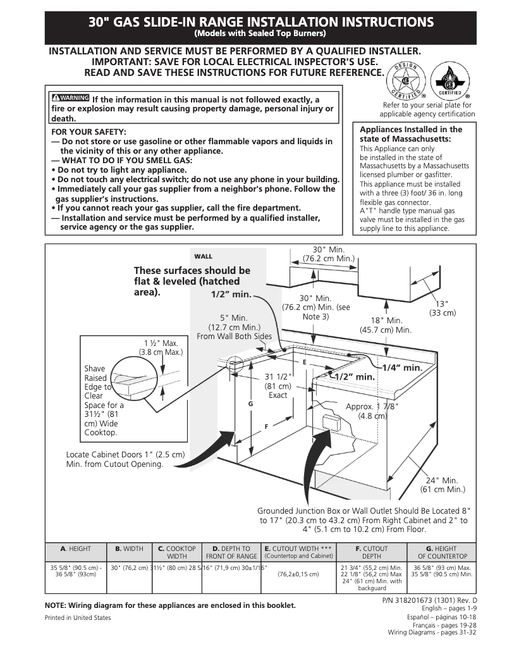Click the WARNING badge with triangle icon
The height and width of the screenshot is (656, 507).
point(70,98)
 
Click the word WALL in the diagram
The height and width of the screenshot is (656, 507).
point(203,256)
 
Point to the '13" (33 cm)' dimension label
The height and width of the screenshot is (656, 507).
point(443,308)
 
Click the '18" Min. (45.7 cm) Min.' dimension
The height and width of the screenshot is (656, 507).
point(386,325)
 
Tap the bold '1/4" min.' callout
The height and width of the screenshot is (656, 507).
point(401,367)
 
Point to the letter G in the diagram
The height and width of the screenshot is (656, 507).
point(250,403)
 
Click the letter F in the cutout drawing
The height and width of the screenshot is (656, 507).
point(266,426)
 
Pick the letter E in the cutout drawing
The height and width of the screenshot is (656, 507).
point(304,362)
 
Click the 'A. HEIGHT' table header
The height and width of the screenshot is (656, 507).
point(76,548)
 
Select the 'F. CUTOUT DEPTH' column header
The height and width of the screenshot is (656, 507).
point(372,552)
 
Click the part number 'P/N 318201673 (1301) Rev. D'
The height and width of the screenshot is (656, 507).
point(430,599)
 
